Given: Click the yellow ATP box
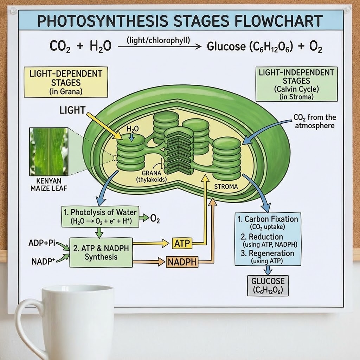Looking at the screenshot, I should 182,243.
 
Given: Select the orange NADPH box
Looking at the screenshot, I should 182,262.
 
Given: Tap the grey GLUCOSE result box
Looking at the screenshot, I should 268,285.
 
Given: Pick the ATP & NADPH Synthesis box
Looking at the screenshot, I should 101,252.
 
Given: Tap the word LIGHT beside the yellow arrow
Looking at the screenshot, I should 72,110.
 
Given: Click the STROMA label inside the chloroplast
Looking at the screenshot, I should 226,187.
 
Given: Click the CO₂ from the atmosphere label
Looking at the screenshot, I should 314,121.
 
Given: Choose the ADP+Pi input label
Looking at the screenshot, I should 42,243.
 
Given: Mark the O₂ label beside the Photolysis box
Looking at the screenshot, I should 155,219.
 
